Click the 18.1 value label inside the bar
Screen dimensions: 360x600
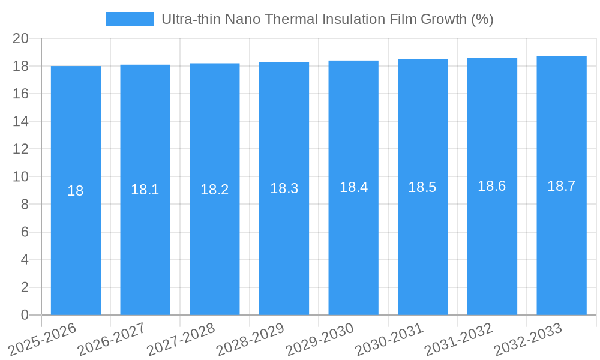[145, 190]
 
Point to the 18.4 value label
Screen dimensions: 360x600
[353, 187]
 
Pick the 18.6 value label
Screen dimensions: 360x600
[492, 186]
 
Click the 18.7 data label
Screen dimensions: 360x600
[562, 186]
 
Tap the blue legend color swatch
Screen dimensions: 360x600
[130, 19]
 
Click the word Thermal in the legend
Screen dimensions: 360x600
[291, 19]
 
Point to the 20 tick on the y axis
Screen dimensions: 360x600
[21, 38]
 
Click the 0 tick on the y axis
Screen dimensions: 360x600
[25, 315]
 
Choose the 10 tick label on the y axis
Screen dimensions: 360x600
[21, 176]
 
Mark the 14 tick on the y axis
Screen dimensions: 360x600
[21, 121]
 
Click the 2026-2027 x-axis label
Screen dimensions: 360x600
[111, 339]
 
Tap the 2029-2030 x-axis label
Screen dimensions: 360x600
[319, 339]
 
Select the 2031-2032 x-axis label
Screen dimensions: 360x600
[458, 339]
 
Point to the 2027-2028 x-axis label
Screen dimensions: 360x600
[181, 339]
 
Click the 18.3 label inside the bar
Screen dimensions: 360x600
[284, 188]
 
